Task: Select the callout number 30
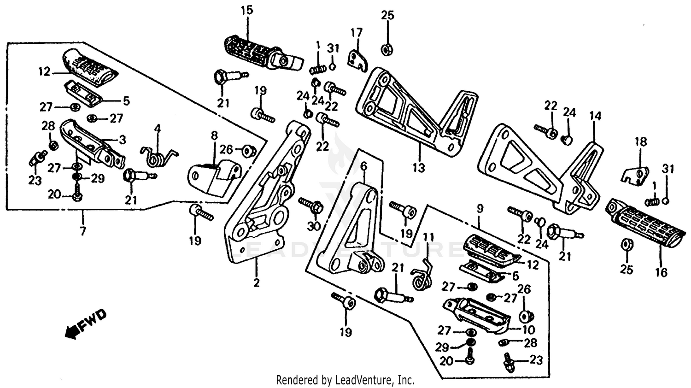(x=314, y=226)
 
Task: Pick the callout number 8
(x=214, y=135)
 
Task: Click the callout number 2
(x=256, y=282)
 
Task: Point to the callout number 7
(x=82, y=231)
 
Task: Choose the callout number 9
(x=480, y=209)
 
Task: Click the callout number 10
(x=528, y=329)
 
